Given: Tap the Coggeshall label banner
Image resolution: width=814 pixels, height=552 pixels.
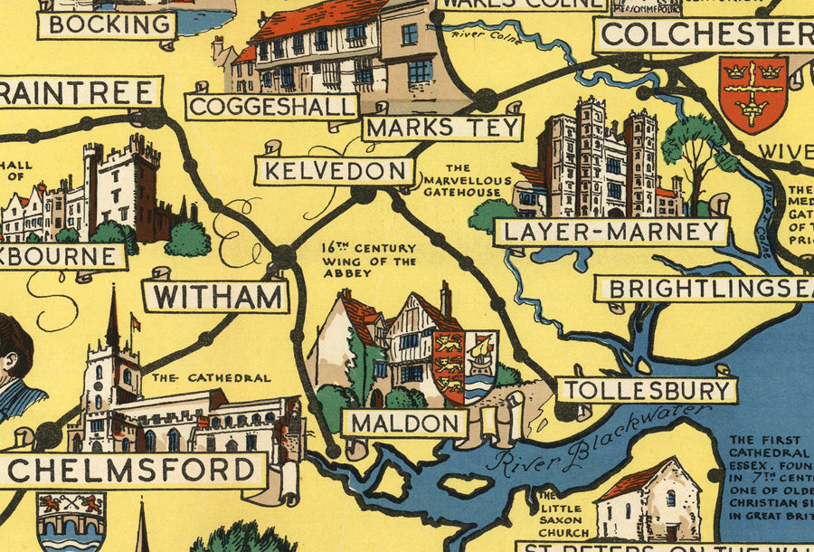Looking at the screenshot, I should [272, 107].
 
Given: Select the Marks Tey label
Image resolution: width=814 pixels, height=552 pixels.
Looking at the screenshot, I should [443, 127].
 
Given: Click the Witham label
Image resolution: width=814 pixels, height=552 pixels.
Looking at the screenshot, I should [216, 296].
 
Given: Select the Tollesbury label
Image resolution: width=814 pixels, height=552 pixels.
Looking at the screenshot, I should [647, 390].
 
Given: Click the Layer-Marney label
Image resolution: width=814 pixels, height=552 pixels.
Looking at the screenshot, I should [611, 232].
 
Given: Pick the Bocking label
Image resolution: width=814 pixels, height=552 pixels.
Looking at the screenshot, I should [106, 24].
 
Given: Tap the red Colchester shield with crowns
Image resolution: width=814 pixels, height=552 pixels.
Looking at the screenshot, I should [752, 92].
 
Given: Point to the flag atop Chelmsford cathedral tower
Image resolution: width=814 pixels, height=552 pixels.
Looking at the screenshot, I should [136, 322].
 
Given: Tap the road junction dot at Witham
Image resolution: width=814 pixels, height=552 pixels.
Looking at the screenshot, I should [284, 257].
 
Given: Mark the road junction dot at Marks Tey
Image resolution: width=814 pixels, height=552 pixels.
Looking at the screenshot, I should [487, 99].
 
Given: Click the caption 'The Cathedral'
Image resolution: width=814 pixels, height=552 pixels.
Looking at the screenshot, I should [211, 377].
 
